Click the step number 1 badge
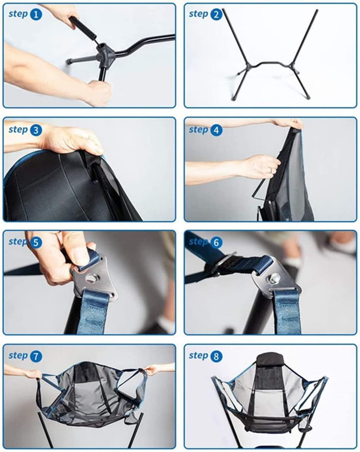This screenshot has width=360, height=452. tap(36, 14)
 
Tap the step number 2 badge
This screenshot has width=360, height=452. tap(216, 14)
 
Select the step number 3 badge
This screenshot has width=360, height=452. tap(36, 130)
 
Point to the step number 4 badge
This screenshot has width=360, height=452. tap(216, 130)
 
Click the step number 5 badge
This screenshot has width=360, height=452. tap(36, 242)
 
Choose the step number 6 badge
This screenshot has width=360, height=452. tap(216, 242)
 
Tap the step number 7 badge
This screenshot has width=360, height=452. tap(36, 356)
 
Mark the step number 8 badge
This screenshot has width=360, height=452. tap(216, 356)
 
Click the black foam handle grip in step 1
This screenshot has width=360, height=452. tap(83, 27)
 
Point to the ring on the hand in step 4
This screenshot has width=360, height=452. tap(271, 170)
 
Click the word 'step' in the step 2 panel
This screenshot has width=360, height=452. tap(199, 14)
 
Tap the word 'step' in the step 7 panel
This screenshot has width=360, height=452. tap(18, 356)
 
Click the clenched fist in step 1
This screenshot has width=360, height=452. tap(99, 92)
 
